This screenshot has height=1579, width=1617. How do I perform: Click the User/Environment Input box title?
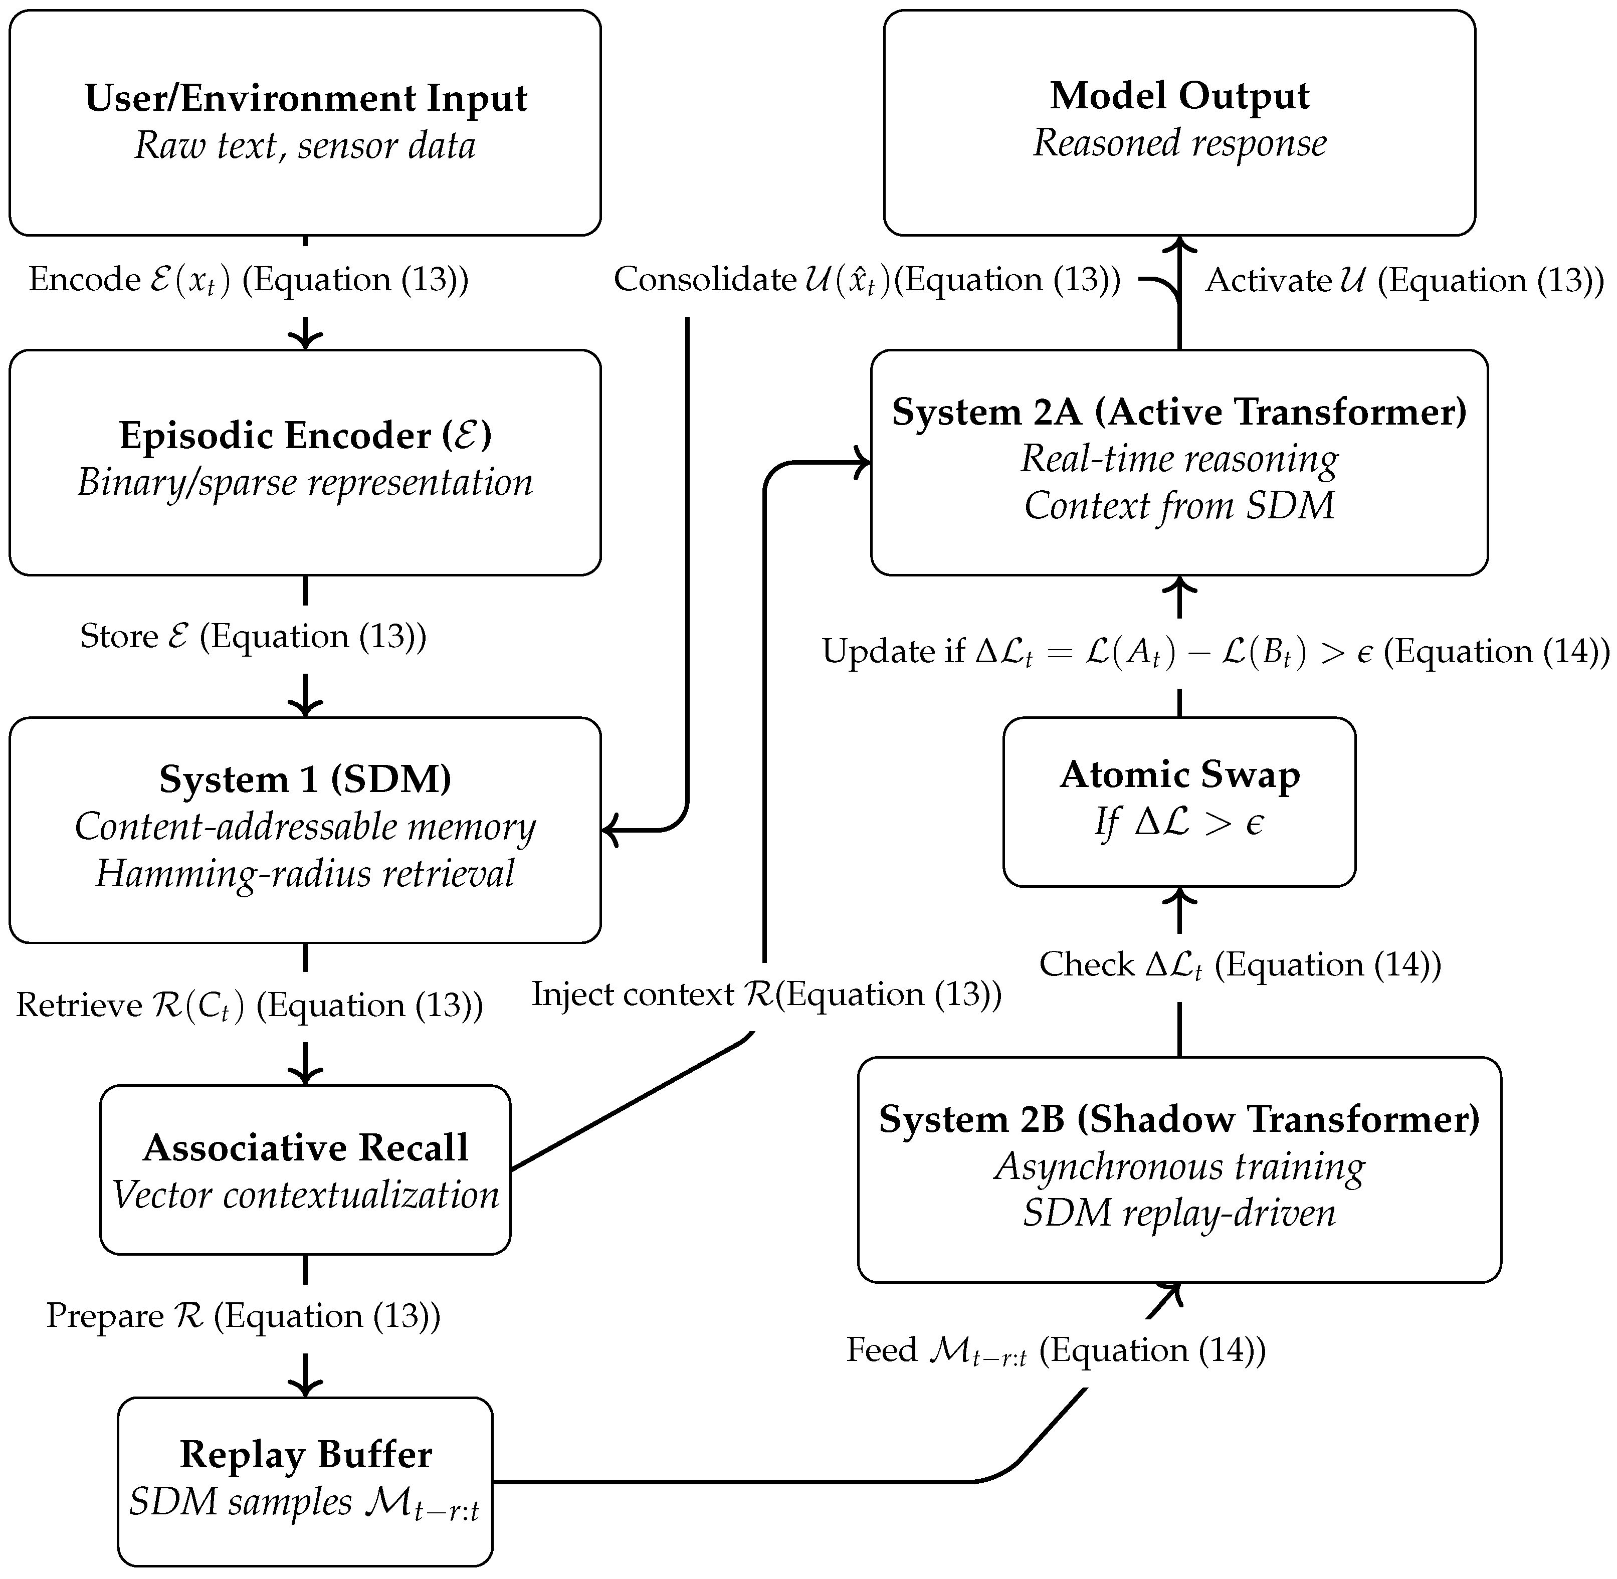pos(305,98)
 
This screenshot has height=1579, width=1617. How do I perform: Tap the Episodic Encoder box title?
pos(305,436)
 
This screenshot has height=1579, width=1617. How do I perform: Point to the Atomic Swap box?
pos(1179,801)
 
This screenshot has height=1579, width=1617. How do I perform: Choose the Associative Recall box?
pos(305,1169)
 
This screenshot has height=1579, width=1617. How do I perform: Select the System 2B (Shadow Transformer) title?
pos(1179,1119)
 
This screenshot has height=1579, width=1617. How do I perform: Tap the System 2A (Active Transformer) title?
pos(1179,412)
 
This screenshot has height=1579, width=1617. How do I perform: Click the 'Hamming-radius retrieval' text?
pos(305,873)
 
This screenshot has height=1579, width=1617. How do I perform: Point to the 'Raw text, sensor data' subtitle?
pos(305,146)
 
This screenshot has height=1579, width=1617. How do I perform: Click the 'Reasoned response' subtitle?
pos(1179,143)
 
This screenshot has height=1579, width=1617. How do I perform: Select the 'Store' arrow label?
pos(253,636)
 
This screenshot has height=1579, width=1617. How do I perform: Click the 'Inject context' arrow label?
pos(766,994)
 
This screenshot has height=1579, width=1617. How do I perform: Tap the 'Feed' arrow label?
pos(1055,1349)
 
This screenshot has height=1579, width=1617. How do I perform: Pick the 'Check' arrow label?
pos(1240,964)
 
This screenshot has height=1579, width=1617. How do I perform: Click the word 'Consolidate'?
pos(705,280)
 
